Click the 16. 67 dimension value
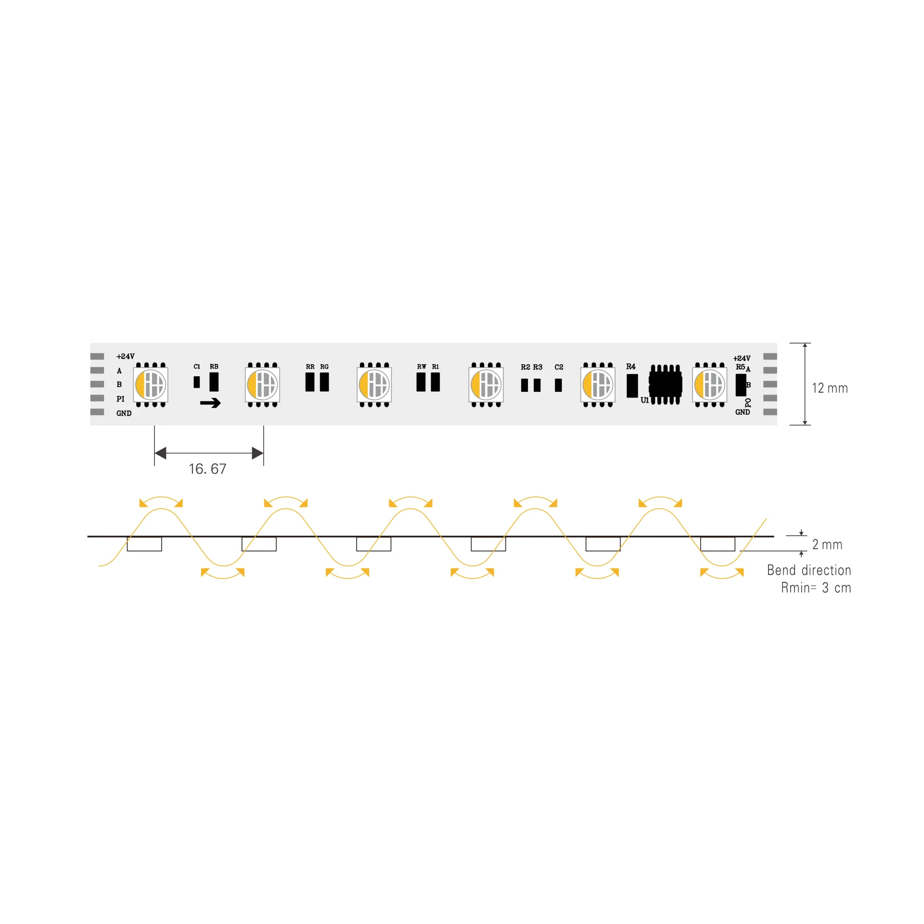(x=207, y=469)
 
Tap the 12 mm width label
(x=830, y=388)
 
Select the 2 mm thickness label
(x=827, y=544)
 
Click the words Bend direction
(x=809, y=570)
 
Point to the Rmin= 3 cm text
(x=816, y=588)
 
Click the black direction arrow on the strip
(x=210, y=403)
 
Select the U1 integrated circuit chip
(x=665, y=385)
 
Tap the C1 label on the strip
(x=197, y=367)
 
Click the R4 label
(x=630, y=367)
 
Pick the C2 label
(x=559, y=367)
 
